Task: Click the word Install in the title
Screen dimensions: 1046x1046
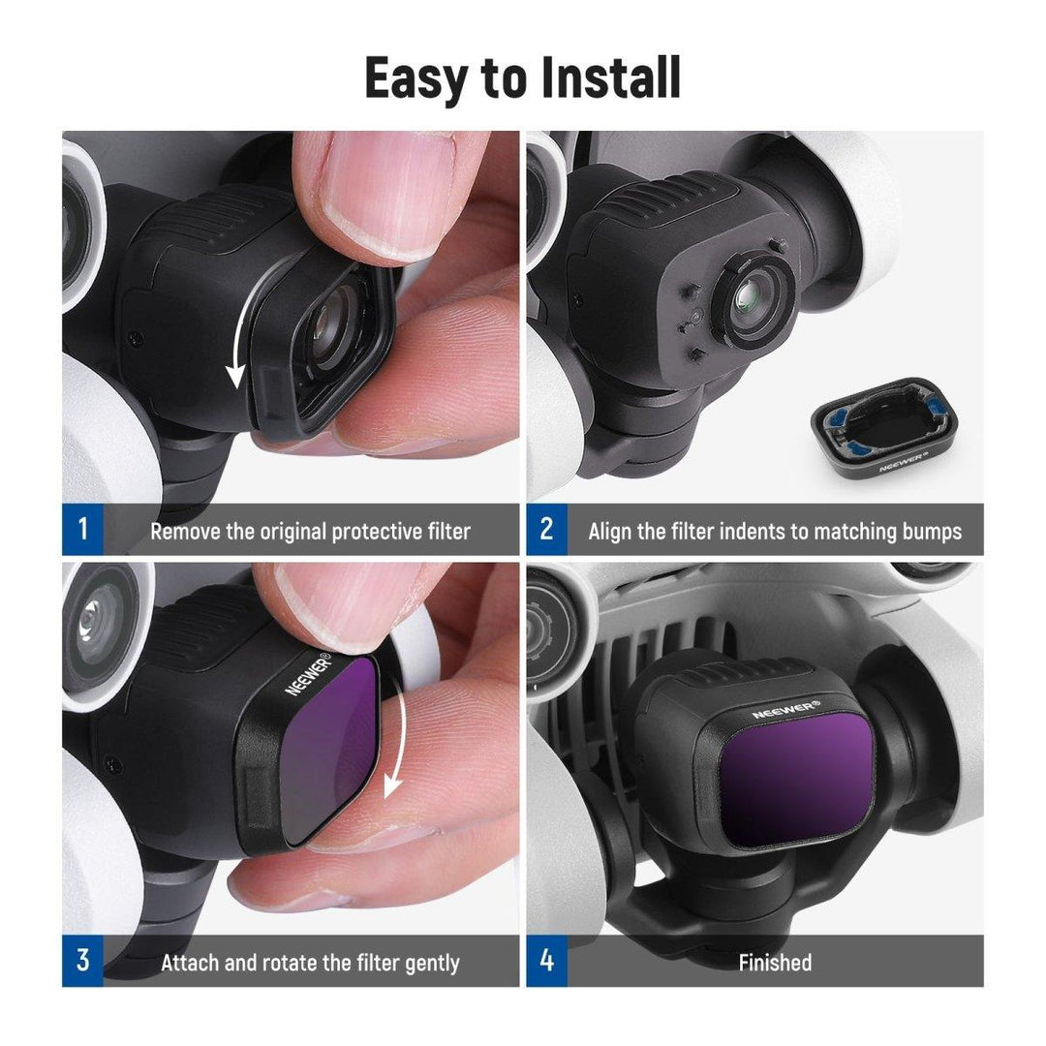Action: click(x=611, y=77)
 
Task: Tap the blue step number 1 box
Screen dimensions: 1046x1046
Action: click(x=83, y=530)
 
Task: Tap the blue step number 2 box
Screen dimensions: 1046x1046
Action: click(x=547, y=530)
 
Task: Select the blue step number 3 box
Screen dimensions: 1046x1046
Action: click(x=83, y=962)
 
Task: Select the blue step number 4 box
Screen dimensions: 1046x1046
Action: click(x=547, y=962)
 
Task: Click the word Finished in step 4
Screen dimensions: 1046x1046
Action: click(x=775, y=963)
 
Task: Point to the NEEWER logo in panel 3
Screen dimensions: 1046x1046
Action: click(x=308, y=674)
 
